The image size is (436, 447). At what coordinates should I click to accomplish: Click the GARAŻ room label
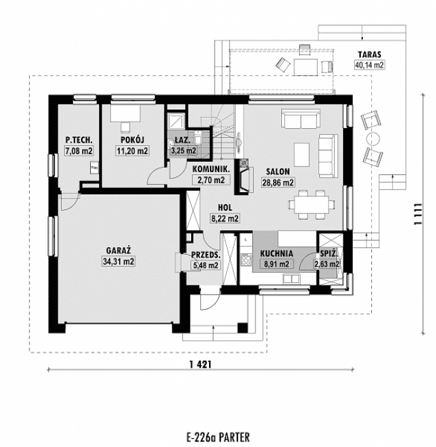tap(119, 251)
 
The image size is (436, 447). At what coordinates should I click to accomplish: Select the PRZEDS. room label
tap(206, 253)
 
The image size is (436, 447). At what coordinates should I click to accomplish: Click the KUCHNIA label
tap(277, 253)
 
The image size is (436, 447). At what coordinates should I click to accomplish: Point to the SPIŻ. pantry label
tap(327, 253)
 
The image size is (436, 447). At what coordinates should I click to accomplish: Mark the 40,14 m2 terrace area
tap(369, 65)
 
